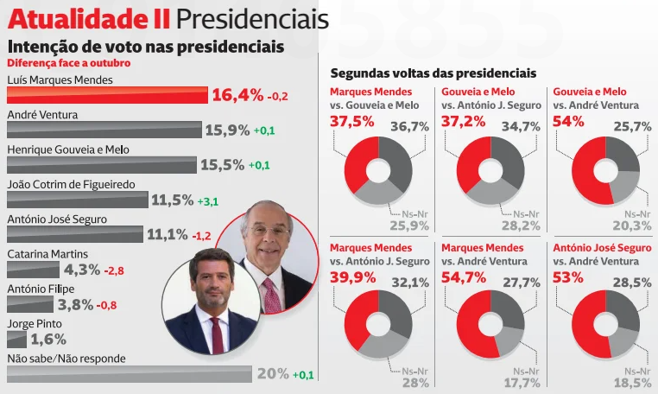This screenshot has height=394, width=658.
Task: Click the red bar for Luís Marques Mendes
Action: [107, 95]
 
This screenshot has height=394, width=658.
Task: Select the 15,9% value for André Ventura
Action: [226, 130]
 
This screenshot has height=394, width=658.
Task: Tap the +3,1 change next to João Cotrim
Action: [208, 200]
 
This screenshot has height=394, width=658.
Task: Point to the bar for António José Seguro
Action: [74, 234]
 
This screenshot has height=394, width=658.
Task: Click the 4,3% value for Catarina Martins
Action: [82, 270]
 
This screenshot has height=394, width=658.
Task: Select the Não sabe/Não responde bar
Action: [130, 374]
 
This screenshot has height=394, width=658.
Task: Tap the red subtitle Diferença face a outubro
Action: [69, 63]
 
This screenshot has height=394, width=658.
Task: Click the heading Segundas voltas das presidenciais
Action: [433, 73]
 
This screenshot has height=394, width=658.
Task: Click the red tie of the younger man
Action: [216, 333]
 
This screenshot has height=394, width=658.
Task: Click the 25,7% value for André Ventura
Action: [632, 126]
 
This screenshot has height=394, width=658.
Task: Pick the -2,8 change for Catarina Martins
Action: [114, 270]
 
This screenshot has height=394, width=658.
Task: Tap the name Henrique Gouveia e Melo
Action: [68, 149]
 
